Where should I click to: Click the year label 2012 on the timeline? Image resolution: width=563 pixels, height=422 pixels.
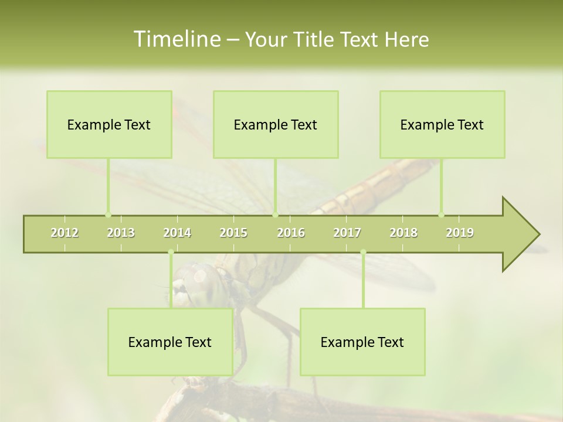click(65, 233)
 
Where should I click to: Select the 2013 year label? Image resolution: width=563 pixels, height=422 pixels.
click(121, 233)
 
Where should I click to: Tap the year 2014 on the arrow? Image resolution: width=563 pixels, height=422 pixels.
click(177, 233)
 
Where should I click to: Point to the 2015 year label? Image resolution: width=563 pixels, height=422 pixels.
click(233, 233)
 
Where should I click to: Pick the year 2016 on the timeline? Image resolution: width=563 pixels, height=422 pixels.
click(291, 233)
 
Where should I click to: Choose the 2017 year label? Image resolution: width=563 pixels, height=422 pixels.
click(347, 233)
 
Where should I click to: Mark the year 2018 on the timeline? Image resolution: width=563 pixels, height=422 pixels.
click(403, 233)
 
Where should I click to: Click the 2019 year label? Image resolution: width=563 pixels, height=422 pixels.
click(460, 233)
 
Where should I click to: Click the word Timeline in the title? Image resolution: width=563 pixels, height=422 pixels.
click(175, 39)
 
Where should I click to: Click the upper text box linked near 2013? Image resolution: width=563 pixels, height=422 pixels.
click(109, 124)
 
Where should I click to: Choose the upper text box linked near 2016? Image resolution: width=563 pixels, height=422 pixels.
click(276, 124)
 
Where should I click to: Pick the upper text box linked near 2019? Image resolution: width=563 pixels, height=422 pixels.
click(442, 124)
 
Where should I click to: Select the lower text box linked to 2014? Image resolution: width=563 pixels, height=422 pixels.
click(170, 342)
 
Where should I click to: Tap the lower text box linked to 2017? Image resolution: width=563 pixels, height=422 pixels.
click(362, 342)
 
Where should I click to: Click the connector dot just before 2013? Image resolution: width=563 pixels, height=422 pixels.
click(108, 215)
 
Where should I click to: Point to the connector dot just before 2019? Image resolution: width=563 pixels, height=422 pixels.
click(441, 215)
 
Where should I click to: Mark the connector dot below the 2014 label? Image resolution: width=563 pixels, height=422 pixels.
click(171, 252)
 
